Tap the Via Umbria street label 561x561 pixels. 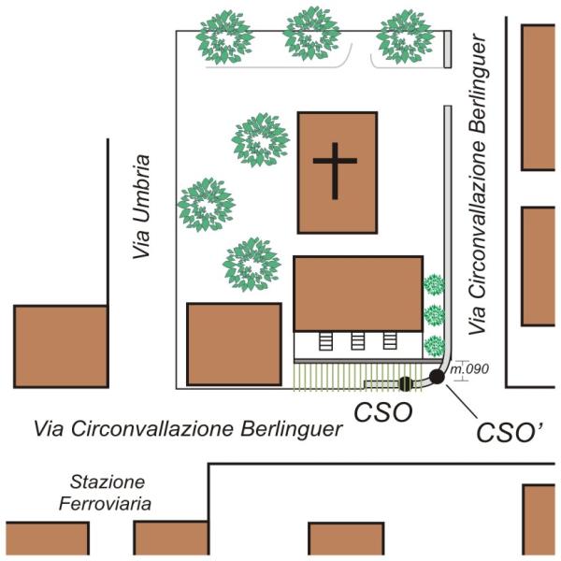click(x=141, y=207)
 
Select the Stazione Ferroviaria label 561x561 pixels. click(x=106, y=493)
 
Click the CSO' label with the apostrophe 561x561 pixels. click(x=511, y=433)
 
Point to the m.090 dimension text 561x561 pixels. click(x=469, y=369)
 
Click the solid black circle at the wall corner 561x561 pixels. click(x=437, y=377)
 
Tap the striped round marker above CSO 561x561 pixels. click(x=406, y=384)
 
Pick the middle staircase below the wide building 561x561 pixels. click(x=357, y=341)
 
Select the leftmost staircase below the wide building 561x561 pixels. click(x=325, y=341)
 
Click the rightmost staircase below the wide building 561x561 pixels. click(x=390, y=340)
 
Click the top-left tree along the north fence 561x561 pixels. click(x=224, y=37)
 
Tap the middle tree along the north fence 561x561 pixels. click(x=311, y=34)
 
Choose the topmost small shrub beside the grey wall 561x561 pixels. click(x=434, y=284)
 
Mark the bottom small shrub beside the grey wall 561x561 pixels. click(x=435, y=346)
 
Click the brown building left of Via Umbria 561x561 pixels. click(x=61, y=346)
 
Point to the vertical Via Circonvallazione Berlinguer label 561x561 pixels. click(x=477, y=184)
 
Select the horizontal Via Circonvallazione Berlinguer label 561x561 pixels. click(x=188, y=428)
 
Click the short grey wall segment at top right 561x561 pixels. click(x=448, y=49)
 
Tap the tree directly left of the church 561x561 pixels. click(x=260, y=140)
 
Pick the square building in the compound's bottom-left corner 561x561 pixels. click(x=235, y=344)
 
